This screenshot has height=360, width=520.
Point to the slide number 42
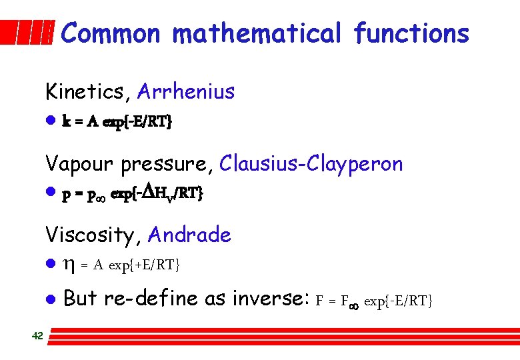[37, 336]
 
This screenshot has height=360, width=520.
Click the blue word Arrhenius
[186, 91]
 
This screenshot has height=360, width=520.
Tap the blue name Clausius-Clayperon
[311, 163]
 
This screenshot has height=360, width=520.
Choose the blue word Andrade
[189, 235]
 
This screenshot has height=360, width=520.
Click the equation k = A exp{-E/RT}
[117, 122]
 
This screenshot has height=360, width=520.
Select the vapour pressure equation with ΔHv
[133, 194]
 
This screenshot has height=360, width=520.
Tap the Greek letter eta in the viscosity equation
[68, 266]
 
